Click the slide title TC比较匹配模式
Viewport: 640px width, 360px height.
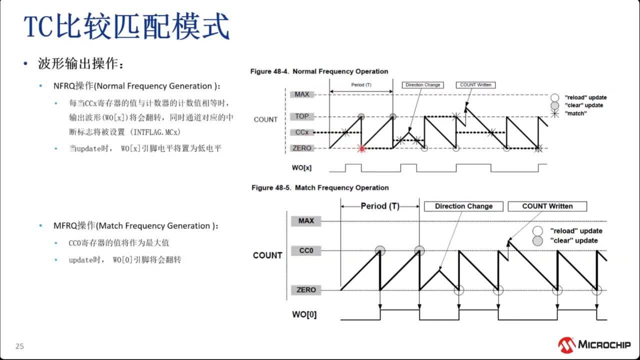[127, 27]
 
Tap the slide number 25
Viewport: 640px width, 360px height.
[19, 346]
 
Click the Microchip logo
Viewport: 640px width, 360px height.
[594, 344]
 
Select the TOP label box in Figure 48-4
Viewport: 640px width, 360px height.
[301, 116]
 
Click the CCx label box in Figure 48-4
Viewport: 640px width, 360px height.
[301, 132]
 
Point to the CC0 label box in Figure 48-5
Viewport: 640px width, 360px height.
[305, 250]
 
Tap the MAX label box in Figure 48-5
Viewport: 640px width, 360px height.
[305, 220]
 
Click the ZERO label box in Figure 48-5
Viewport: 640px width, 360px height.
[305, 290]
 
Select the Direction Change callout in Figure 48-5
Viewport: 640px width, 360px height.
[463, 206]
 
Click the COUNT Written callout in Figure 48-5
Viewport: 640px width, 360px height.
[547, 206]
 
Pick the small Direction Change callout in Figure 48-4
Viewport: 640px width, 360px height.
[422, 85]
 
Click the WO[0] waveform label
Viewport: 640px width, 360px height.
[304, 315]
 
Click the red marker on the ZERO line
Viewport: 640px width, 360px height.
[362, 148]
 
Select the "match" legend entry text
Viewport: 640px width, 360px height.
[575, 113]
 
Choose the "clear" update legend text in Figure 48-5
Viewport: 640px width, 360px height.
[573, 240]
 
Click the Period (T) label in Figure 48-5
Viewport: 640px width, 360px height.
[380, 206]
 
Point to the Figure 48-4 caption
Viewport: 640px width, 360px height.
[319, 71]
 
